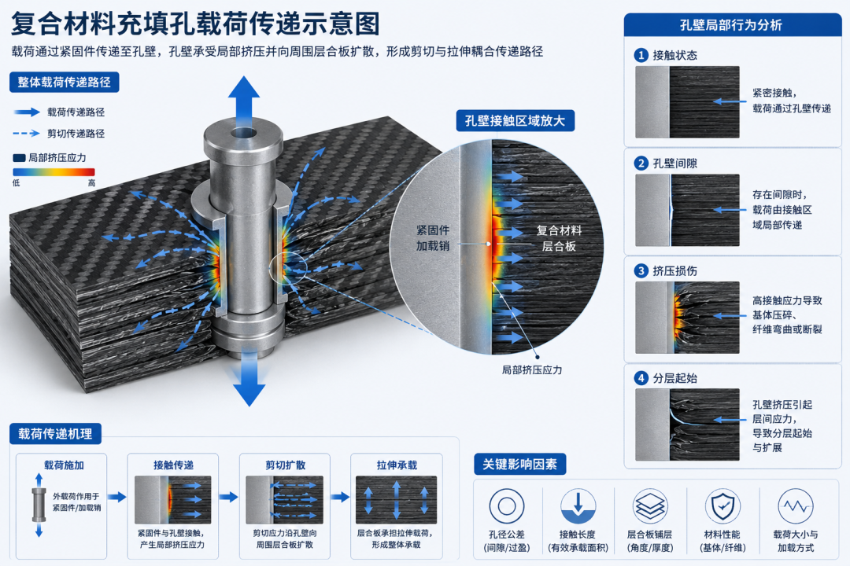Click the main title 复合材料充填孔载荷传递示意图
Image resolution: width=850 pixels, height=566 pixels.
coord(195,24)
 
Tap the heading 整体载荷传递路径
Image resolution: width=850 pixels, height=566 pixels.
coord(64,83)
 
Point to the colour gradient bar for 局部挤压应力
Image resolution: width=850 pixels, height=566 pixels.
coord(54,172)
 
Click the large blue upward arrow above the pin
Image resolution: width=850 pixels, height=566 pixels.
coord(243,102)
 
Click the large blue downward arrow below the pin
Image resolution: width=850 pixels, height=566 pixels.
coord(249,379)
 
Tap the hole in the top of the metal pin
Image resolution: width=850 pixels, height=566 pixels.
coord(243,133)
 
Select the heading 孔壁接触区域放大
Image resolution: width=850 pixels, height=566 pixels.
coord(515,120)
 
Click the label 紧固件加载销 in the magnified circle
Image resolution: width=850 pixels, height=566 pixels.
coord(433,237)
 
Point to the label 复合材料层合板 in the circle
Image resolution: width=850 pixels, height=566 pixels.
coord(559,238)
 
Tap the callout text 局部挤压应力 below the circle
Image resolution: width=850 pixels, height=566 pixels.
coord(532,370)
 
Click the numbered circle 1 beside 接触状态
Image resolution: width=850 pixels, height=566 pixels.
coord(641,55)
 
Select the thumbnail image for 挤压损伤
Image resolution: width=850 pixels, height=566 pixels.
coord(687,318)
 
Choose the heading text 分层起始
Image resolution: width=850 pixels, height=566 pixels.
coord(675,378)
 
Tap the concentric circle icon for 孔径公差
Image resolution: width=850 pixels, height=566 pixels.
coord(507,506)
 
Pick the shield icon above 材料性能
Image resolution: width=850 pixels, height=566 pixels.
coord(722,507)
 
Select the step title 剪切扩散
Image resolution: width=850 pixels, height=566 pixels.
coord(285,465)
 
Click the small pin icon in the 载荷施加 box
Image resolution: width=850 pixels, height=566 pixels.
coord(39,505)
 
